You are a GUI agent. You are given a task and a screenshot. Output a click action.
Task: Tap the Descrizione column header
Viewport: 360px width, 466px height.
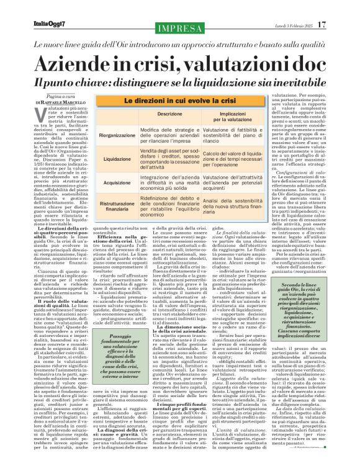[x=152, y=115]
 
